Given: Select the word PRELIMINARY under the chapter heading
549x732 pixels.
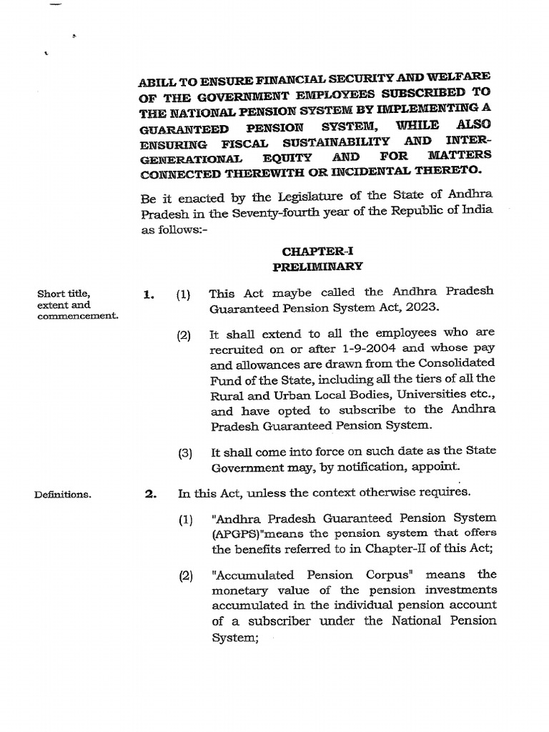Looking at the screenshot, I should pyautogui.click(x=317, y=266).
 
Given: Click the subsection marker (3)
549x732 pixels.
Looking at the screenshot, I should pyautogui.click(x=186, y=452).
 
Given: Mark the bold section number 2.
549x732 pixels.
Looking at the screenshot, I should pyautogui.click(x=150, y=493).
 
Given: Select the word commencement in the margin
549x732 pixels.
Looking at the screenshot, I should pyautogui.click(x=78, y=315).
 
